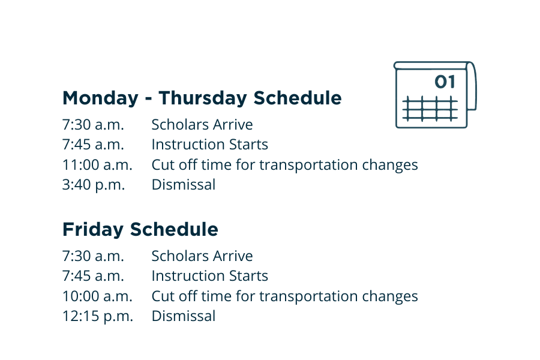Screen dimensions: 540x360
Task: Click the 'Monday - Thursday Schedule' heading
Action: (x=202, y=98)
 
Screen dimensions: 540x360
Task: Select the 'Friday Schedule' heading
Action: (x=140, y=230)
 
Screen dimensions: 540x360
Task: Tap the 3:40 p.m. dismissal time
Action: (x=94, y=185)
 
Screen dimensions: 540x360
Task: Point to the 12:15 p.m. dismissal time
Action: (x=97, y=316)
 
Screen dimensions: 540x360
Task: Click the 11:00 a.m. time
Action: (x=97, y=164)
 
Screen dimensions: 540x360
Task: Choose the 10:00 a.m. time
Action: (x=97, y=296)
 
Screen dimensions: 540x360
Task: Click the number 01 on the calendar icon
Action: (x=445, y=82)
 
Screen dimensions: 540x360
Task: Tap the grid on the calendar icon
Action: (x=430, y=109)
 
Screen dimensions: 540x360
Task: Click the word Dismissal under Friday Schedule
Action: (x=184, y=316)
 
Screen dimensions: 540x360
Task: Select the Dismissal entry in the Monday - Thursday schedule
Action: (x=184, y=185)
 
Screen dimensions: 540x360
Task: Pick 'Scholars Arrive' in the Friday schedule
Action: (x=202, y=256)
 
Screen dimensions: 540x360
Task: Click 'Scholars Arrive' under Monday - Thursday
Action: (x=202, y=124)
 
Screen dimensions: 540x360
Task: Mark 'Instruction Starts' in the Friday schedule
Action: (x=210, y=276)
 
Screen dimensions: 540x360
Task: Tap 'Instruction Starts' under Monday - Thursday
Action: (x=210, y=145)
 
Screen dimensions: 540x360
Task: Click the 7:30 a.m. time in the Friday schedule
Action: (x=93, y=256)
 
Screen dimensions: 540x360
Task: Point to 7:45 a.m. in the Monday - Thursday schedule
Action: (x=93, y=145)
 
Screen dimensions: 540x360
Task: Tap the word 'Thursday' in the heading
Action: (x=203, y=98)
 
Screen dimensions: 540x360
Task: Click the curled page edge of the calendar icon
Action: (x=472, y=86)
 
